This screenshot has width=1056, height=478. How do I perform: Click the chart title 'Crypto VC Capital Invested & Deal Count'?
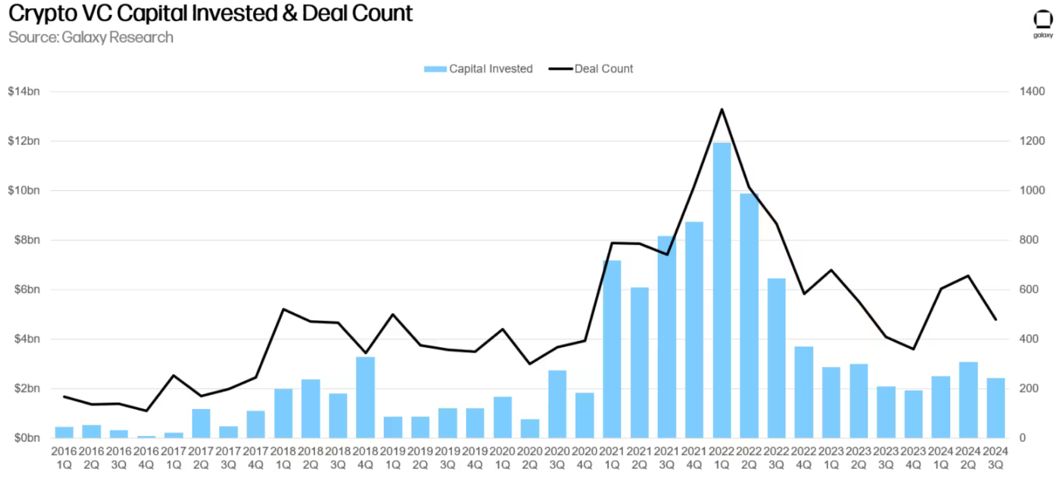point(210,13)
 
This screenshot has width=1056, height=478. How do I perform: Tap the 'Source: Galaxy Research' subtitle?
point(91,38)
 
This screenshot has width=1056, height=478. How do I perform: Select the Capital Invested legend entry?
point(478,69)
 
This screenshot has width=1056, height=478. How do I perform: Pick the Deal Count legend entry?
point(591,69)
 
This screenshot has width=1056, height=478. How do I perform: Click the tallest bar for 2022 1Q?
point(721,289)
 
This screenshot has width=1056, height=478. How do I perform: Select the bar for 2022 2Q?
point(749,315)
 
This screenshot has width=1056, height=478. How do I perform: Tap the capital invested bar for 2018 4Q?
point(365,397)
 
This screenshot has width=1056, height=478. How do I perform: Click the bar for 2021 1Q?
point(612,349)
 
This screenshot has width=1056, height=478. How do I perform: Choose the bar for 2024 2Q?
point(968,399)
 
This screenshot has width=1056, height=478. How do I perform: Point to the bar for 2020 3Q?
point(557,404)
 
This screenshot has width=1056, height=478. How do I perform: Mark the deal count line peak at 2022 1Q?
point(721,109)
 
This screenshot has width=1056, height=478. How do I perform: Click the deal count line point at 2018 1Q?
point(283,309)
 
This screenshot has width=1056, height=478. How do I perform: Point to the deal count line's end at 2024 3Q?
point(995,319)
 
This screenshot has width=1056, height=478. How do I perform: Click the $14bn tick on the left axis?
point(24,91)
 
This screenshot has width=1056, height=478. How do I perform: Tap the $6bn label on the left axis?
point(27,289)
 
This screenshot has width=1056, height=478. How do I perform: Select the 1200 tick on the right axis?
point(1032,141)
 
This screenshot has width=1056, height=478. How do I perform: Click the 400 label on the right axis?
point(1029,339)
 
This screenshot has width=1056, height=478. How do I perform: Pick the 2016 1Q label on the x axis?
point(64,458)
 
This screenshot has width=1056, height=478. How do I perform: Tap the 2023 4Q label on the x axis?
point(913,458)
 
